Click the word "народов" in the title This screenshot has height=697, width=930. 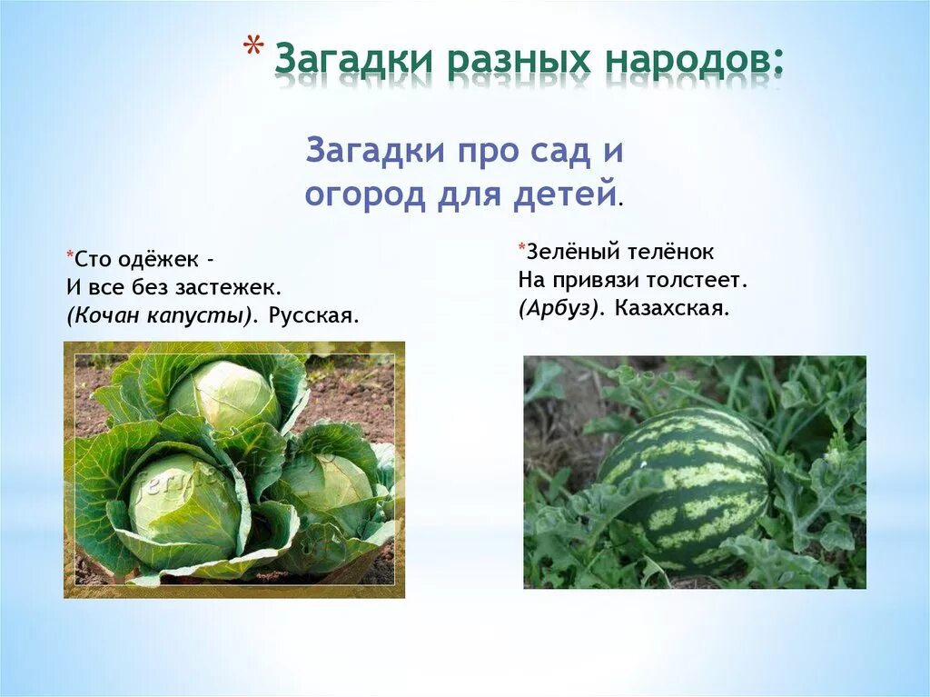point(690,60)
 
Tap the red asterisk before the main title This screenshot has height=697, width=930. point(256,51)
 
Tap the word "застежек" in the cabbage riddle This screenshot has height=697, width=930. point(232,287)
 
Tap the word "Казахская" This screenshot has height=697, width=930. point(671,308)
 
